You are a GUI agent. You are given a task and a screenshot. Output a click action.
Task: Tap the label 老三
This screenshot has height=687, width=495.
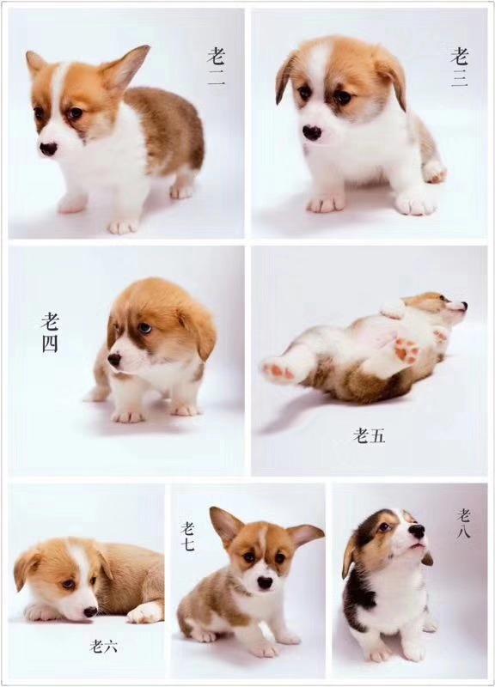(460, 68)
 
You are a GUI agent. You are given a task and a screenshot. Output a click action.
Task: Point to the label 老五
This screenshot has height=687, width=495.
(370, 436)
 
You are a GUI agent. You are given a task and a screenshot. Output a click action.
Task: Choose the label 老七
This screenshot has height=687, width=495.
(187, 538)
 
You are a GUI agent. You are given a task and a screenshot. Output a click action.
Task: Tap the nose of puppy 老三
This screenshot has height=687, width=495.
(313, 132)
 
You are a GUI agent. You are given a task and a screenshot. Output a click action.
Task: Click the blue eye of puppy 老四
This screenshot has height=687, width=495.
(145, 328)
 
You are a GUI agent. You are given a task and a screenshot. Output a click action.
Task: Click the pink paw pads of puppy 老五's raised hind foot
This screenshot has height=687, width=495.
(405, 350)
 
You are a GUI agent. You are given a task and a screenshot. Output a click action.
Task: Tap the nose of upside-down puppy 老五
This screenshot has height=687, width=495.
(462, 305)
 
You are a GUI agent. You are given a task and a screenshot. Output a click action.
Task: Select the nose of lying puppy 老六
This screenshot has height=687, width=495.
(89, 611)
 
